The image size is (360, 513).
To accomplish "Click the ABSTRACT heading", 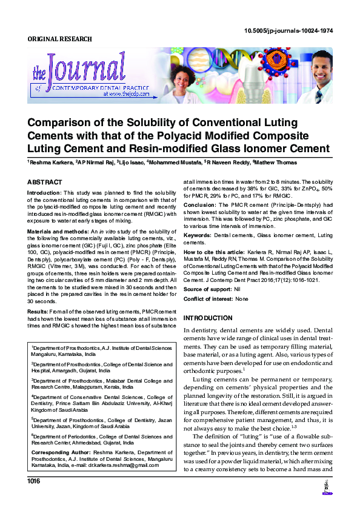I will (44, 182).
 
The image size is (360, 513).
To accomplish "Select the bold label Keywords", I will (198, 234).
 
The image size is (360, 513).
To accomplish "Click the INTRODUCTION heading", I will (208, 318).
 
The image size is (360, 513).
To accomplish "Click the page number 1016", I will (34, 498).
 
